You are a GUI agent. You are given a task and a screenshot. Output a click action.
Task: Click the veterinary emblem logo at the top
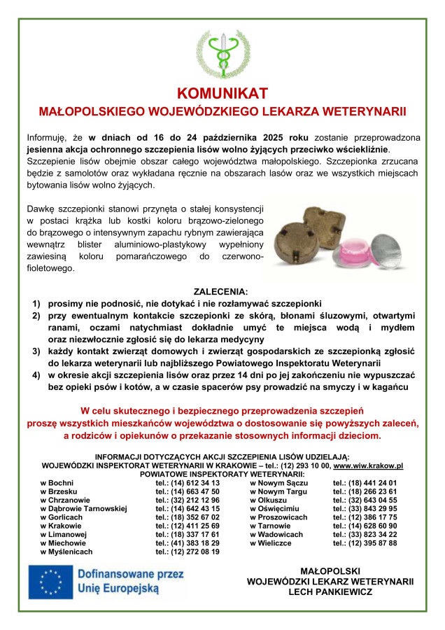(x=222, y=53)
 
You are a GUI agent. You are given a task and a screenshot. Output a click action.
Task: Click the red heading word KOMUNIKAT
(x=222, y=93)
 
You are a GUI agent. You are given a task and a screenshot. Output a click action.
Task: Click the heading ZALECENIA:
(x=222, y=292)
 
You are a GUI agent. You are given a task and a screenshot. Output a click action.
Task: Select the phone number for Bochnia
(x=188, y=483)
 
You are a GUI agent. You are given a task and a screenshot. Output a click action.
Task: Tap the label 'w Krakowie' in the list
(x=61, y=526)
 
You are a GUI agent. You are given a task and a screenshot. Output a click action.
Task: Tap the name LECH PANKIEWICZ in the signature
(x=330, y=592)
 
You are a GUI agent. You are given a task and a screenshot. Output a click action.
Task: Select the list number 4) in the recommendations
(x=36, y=375)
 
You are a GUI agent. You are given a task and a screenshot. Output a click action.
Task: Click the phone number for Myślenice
(x=188, y=552)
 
